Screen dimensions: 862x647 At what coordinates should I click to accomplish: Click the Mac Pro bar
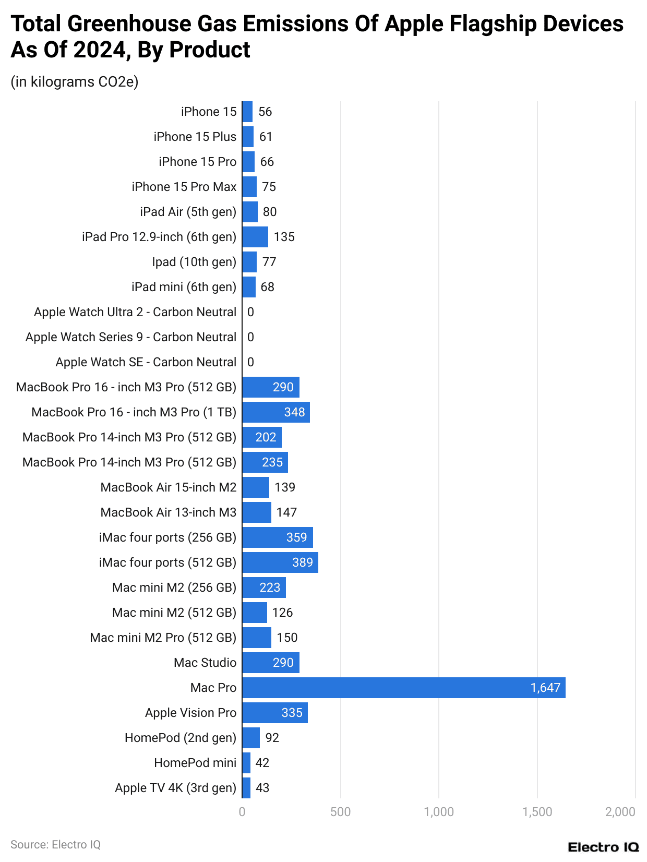coord(403,688)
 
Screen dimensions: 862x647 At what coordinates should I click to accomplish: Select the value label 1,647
coord(545,688)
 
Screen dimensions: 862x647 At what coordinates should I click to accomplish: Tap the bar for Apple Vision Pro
coord(275,713)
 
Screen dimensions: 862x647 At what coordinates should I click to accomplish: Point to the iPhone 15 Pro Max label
coord(184,187)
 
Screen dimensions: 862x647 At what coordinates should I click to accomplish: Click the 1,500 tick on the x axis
coord(537,812)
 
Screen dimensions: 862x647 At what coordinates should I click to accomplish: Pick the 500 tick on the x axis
coord(340,812)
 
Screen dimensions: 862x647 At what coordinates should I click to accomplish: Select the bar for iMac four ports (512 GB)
coord(280,562)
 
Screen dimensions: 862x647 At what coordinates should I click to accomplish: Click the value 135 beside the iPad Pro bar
coord(284,237)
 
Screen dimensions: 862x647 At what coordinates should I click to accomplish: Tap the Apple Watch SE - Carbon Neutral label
coord(146,362)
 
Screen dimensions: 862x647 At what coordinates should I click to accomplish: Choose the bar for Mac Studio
coord(271,663)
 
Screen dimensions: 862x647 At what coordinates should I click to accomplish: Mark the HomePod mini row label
coord(195,763)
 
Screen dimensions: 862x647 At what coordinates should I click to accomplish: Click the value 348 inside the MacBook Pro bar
coord(294,412)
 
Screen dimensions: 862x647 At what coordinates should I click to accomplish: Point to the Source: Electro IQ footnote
coord(55,844)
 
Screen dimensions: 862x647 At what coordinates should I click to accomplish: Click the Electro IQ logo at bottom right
coord(603,847)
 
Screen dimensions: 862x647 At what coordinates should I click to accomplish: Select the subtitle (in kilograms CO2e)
coord(75,82)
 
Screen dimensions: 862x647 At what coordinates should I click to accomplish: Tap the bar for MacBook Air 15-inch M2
coord(256,487)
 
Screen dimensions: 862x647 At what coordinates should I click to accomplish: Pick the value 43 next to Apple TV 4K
coord(262,788)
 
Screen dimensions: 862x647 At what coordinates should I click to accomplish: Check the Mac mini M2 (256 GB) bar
coord(264,588)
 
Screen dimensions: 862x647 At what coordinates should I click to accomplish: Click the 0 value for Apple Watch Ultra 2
coord(251,312)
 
